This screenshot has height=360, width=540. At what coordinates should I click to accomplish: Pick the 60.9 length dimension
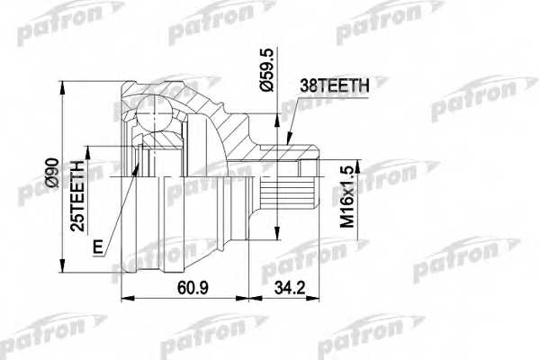[185, 288]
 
